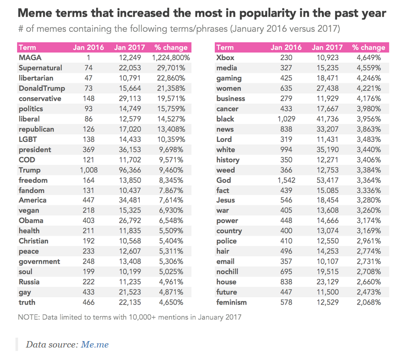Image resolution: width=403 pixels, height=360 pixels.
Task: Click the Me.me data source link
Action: [x=95, y=345]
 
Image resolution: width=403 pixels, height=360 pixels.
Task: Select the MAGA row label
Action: [x=30, y=58]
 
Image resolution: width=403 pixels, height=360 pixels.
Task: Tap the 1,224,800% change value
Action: [x=171, y=58]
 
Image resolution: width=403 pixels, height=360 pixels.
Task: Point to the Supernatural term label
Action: [x=40, y=68]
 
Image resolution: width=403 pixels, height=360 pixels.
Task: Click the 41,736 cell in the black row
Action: [x=327, y=119]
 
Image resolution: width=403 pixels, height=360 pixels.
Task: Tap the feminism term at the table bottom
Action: [x=232, y=302]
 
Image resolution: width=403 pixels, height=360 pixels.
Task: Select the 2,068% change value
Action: [x=368, y=302]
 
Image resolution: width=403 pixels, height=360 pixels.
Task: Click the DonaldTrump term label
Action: [x=42, y=89]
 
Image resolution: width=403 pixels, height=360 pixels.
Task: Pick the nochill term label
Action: [x=228, y=272]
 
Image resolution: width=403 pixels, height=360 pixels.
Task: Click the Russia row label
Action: [x=29, y=282]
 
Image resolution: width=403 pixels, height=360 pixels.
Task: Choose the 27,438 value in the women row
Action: [x=327, y=89]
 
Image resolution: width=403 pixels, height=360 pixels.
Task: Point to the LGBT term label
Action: [x=28, y=139]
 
